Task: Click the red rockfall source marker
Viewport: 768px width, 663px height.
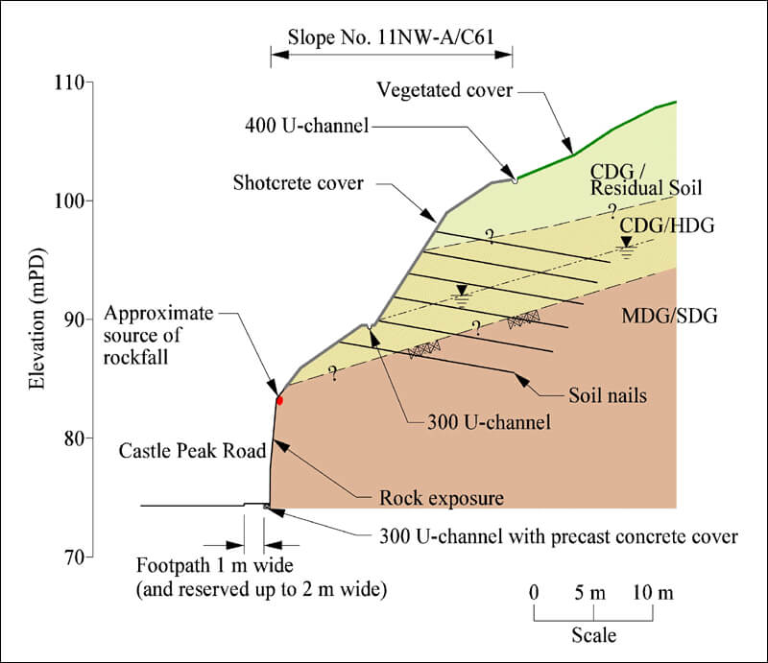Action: [x=279, y=399]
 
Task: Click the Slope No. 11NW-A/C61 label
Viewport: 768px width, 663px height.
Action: [x=391, y=38]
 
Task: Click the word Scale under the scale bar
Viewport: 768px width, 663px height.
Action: [x=593, y=635]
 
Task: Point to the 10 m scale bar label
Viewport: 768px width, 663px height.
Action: [x=652, y=593]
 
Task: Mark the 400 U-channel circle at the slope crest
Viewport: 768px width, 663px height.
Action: [x=515, y=179]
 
